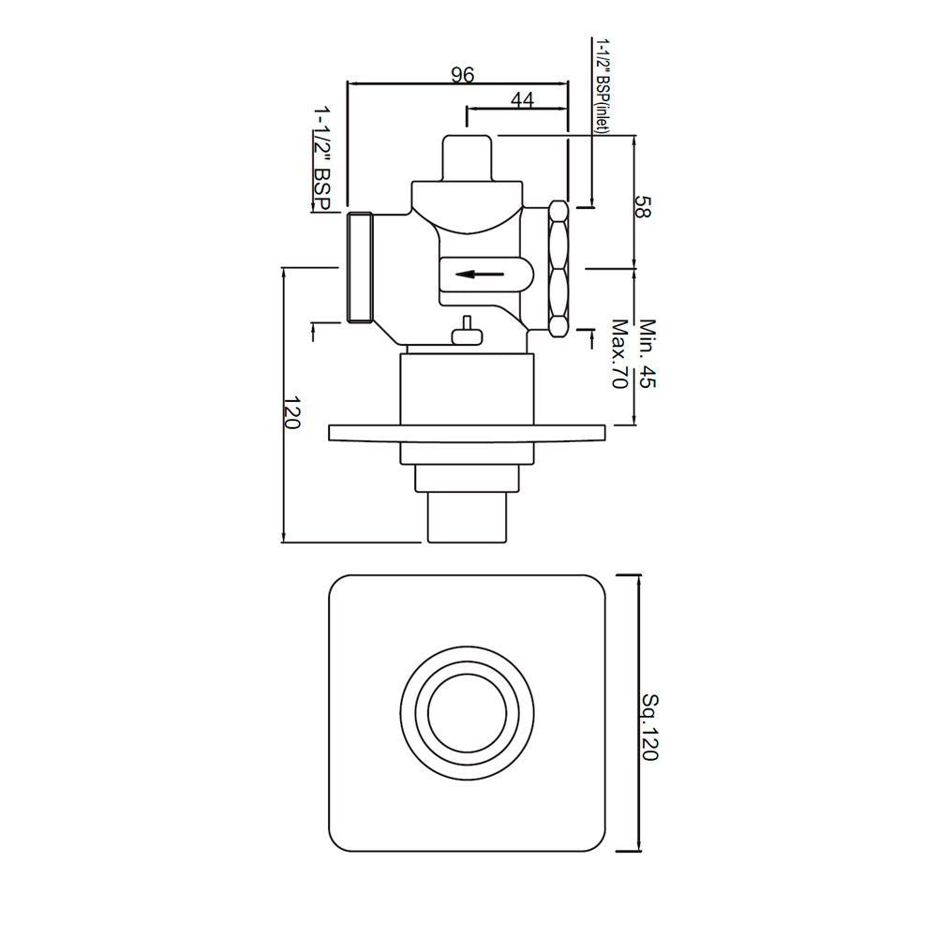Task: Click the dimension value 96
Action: (463, 75)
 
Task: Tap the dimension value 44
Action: (522, 100)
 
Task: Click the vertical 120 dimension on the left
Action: (291, 412)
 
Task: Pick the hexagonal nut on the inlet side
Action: (558, 269)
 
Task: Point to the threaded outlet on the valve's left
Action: (360, 268)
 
